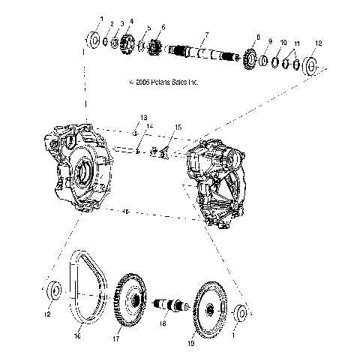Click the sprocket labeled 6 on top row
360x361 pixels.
click(157, 49)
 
